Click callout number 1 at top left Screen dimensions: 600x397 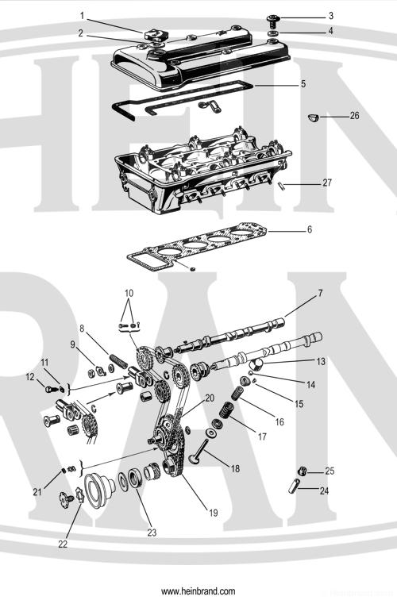coord(82,15)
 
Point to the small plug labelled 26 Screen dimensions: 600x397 coord(313,117)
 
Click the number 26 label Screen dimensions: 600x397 coord(354,116)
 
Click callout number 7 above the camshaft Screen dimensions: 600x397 coord(320,294)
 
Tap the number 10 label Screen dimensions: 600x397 coord(129,293)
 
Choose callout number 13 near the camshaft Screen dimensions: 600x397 coord(321,361)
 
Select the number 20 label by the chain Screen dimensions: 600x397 coord(210,397)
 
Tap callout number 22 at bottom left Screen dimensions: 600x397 coord(63,544)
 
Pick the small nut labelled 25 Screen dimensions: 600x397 coord(303,471)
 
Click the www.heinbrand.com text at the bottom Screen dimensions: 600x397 coord(198,591)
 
